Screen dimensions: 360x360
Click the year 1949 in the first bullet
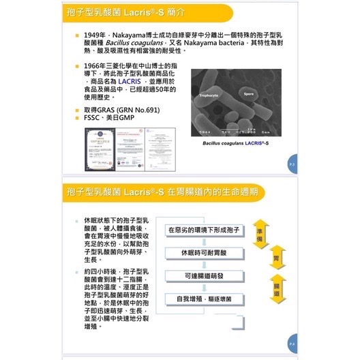[x=94, y=34]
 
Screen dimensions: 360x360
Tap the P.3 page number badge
[x=291, y=164]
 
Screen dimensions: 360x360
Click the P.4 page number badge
[x=291, y=346]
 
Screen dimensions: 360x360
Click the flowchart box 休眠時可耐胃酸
[x=203, y=252]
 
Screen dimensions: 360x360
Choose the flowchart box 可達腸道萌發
[x=203, y=275]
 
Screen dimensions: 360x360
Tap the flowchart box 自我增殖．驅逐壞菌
[x=203, y=299]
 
